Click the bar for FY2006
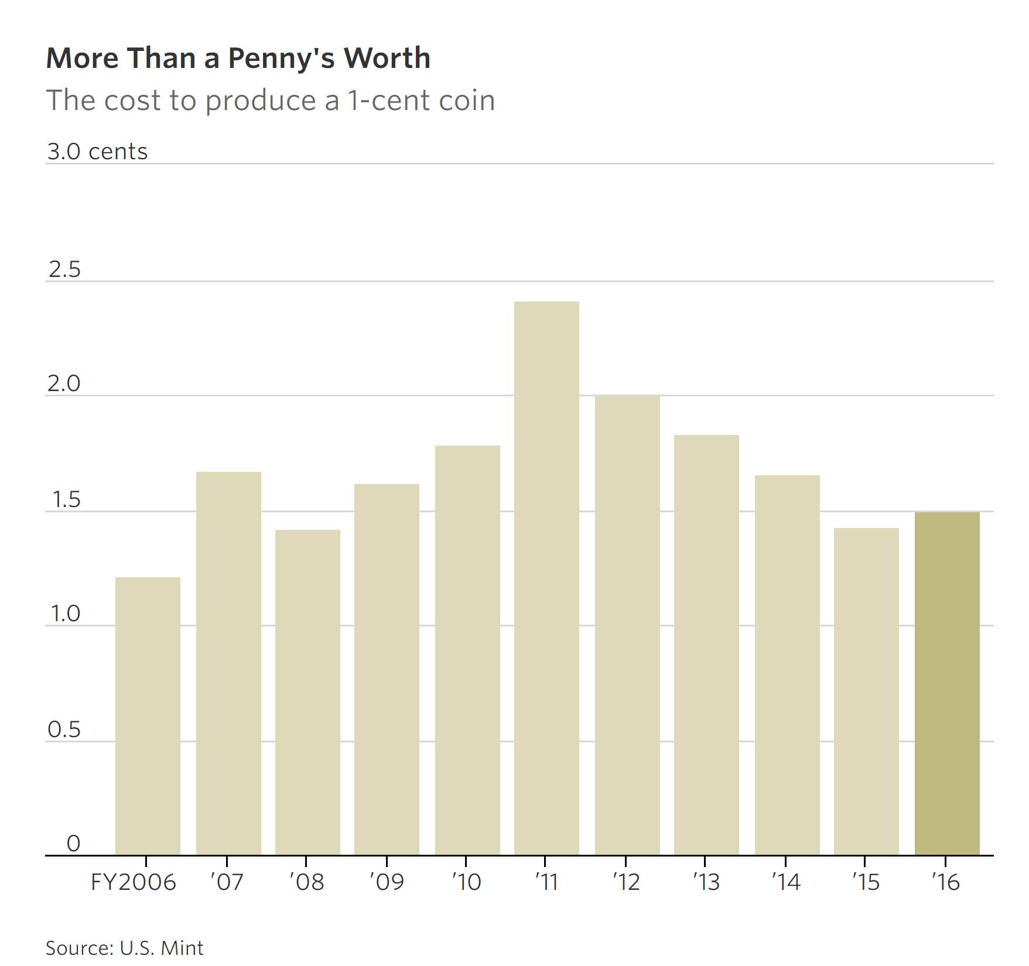[148, 715]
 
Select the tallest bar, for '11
[546, 578]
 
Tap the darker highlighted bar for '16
[947, 683]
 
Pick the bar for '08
[307, 692]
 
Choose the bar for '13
[706, 645]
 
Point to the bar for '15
[866, 691]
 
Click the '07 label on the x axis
[227, 882]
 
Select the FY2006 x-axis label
[134, 882]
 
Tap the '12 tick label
[626, 882]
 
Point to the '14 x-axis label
[785, 882]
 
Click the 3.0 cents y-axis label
[97, 152]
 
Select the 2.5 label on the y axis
[64, 270]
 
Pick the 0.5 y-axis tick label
[64, 730]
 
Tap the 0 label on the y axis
[73, 844]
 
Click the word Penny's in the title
[281, 59]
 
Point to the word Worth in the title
[387, 58]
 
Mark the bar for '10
[467, 650]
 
